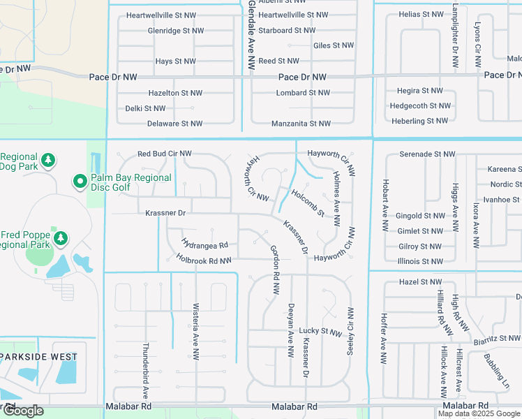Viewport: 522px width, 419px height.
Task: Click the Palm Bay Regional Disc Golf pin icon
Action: coord(80,182)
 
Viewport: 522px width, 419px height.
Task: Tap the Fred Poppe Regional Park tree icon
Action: coord(61,239)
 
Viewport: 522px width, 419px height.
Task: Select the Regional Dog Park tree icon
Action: coord(48,161)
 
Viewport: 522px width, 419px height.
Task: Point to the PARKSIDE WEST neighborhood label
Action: coord(39,356)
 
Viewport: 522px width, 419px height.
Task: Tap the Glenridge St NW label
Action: coord(176,31)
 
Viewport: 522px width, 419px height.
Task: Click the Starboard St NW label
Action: coord(287,31)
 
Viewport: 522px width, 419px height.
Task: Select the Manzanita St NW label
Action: coord(301,124)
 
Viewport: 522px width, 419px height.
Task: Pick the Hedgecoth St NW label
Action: coord(420,105)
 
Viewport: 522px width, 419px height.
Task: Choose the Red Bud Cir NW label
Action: coord(164,154)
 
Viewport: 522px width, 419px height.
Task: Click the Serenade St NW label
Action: coord(427,154)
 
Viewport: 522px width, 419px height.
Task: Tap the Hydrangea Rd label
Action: coord(204,245)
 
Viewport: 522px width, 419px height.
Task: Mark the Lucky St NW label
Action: coord(320,330)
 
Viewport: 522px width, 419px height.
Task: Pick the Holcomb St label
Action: coord(308,203)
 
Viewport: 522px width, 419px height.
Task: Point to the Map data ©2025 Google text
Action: coord(479,413)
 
